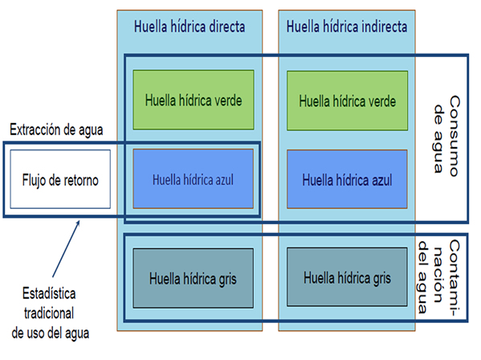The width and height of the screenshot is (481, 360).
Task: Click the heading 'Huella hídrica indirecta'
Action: click(x=346, y=26)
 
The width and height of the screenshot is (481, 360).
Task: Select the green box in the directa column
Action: click(x=194, y=100)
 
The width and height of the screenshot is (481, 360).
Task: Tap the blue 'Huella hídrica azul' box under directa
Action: click(x=194, y=178)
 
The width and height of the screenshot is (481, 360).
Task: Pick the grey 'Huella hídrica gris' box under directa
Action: click(x=194, y=278)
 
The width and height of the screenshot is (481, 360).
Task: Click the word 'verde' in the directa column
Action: click(x=224, y=100)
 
